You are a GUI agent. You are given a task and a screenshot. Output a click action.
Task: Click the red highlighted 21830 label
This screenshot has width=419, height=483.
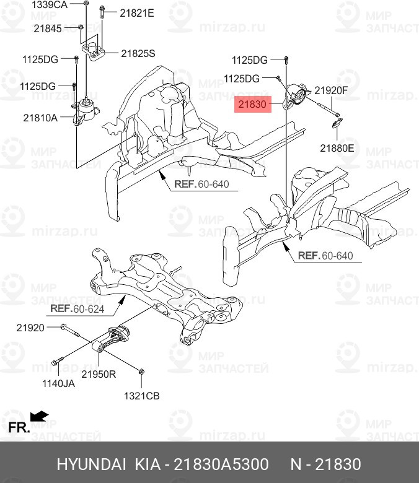point(253,105)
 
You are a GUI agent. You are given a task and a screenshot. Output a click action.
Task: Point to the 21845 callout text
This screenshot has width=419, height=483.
point(48,28)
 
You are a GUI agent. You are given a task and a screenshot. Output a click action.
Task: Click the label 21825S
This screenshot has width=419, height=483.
point(138,54)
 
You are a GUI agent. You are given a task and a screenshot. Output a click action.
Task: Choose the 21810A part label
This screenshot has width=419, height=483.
point(40,116)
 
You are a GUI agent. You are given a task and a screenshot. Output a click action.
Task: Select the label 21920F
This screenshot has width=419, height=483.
point(331,90)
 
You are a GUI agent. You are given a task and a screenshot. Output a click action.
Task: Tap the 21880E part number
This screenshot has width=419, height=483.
point(337,148)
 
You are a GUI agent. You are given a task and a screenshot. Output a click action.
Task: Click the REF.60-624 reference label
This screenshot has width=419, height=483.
point(77,308)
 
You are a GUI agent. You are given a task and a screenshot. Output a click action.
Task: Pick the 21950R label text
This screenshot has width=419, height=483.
point(100,375)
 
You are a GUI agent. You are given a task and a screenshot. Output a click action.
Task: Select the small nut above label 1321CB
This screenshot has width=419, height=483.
point(142,372)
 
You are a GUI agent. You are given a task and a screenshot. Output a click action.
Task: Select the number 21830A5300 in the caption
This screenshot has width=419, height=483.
point(221,464)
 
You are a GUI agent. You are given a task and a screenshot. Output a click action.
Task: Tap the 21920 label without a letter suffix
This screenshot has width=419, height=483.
point(30,327)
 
